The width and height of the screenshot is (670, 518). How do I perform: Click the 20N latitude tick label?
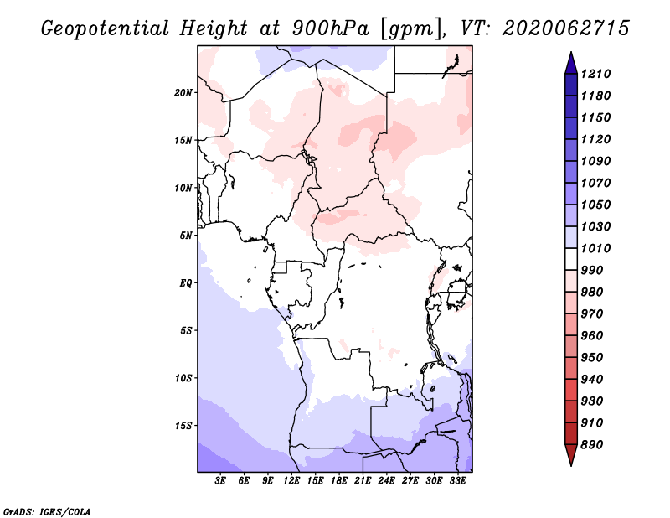tap(183, 92)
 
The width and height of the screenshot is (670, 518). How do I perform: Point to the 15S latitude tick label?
tap(183, 425)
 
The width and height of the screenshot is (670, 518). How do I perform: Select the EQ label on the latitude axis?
tap(185, 282)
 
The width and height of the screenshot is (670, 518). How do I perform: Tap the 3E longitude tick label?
tap(220, 481)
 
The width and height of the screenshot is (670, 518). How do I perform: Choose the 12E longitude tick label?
tap(292, 481)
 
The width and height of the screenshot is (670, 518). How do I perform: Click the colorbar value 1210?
tap(598, 74)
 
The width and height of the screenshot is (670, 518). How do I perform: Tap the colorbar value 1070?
tap(598, 183)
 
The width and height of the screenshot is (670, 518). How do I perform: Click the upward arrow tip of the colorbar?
tap(570, 54)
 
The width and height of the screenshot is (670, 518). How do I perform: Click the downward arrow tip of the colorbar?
tap(570, 464)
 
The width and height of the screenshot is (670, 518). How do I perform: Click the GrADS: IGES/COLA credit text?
tap(35, 510)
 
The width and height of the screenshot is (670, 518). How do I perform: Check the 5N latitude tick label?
tap(187, 235)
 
